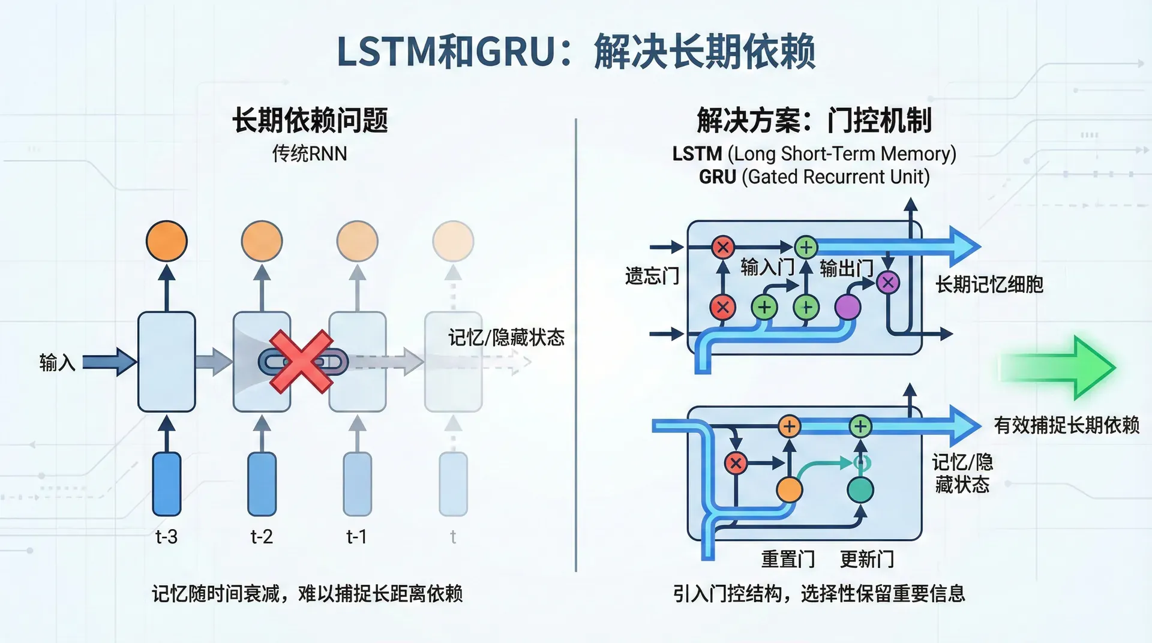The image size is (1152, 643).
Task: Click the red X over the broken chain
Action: (301, 362)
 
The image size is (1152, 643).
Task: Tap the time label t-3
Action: (166, 536)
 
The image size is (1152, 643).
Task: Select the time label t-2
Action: (262, 536)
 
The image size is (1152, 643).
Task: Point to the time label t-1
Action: (357, 536)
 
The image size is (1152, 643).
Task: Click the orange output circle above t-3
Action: (167, 241)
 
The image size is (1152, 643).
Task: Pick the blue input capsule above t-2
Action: (262, 484)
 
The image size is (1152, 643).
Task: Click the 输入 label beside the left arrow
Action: (58, 362)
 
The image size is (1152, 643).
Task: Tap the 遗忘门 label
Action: (652, 276)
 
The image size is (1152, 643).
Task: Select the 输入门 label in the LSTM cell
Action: (767, 267)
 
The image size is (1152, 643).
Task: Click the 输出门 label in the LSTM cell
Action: (846, 268)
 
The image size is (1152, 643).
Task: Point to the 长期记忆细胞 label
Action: (989, 284)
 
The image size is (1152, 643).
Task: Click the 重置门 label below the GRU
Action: (788, 559)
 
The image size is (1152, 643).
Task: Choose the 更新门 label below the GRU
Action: (867, 559)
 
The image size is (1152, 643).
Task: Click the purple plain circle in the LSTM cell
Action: (847, 307)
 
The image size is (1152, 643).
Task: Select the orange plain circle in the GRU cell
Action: (789, 490)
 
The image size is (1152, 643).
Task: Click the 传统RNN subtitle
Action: (310, 154)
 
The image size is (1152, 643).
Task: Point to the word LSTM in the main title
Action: (388, 52)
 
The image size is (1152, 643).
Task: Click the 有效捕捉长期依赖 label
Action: (1066, 425)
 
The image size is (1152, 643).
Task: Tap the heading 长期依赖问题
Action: (310, 120)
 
